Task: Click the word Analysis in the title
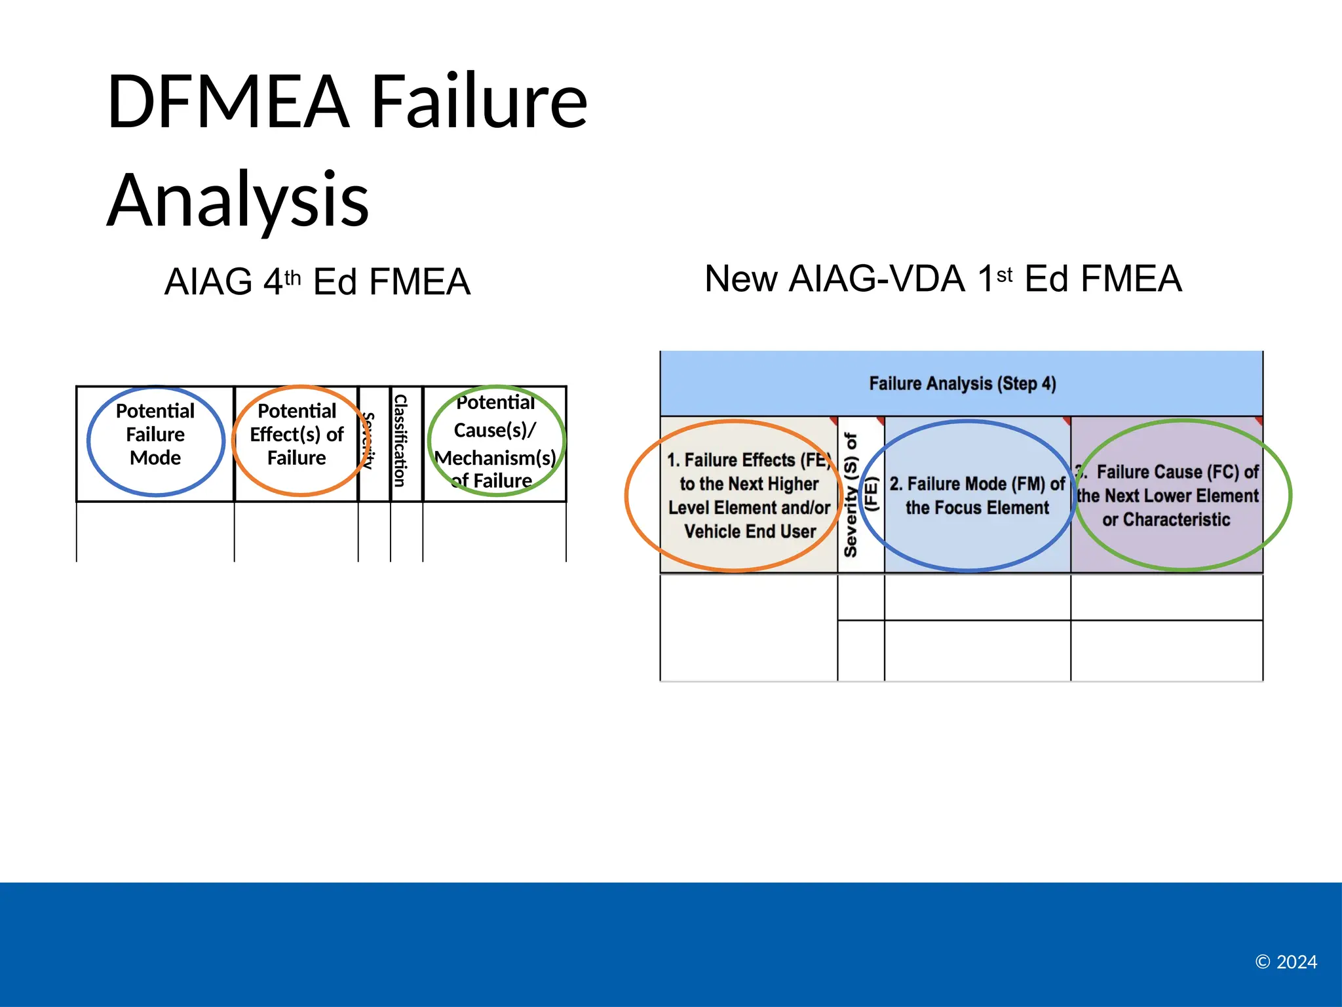pyautogui.click(x=237, y=200)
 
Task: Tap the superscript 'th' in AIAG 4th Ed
pyautogui.click(x=292, y=277)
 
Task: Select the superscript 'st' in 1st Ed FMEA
pyautogui.click(x=1004, y=275)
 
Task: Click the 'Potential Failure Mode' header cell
pyautogui.click(x=155, y=435)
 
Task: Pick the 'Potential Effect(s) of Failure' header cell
pyautogui.click(x=297, y=435)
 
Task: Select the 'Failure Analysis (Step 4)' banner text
pyautogui.click(x=962, y=384)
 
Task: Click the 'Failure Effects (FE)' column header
pyautogui.click(x=749, y=495)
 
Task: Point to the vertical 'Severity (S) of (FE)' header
pyautogui.click(x=860, y=495)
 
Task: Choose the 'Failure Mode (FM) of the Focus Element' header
pyautogui.click(x=976, y=495)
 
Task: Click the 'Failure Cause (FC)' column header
pyautogui.click(x=1167, y=495)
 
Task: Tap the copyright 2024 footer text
pyautogui.click(x=1286, y=962)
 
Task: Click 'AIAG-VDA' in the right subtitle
pyautogui.click(x=877, y=279)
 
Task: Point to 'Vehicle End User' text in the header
pyautogui.click(x=750, y=531)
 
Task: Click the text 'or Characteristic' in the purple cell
pyautogui.click(x=1166, y=520)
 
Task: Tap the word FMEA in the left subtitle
pyautogui.click(x=419, y=283)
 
